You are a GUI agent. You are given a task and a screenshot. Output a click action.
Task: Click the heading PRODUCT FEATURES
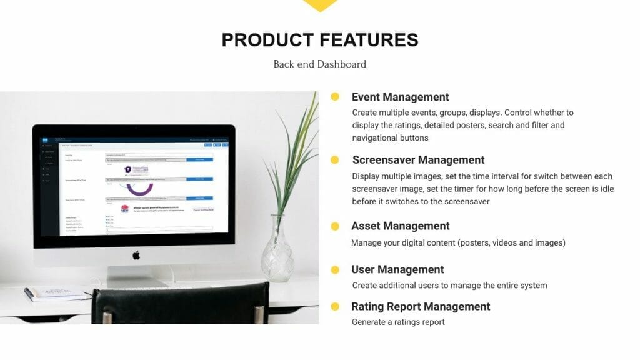point(320,40)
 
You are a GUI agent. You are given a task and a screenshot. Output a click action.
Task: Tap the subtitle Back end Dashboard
point(320,64)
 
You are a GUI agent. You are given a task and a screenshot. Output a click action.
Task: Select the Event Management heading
point(400,97)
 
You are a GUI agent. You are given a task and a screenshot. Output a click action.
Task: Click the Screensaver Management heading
point(418,160)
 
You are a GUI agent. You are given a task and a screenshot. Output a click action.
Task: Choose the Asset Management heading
point(400,226)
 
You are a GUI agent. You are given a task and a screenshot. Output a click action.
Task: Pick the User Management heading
point(397,269)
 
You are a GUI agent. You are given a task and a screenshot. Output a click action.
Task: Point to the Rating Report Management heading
point(421,306)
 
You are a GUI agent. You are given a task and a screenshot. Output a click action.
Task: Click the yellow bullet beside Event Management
point(335,97)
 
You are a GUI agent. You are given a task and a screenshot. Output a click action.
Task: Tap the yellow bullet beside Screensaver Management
point(335,160)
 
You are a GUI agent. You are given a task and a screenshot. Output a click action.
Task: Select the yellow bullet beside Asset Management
point(335,226)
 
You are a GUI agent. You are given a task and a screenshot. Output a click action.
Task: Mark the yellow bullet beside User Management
point(335,269)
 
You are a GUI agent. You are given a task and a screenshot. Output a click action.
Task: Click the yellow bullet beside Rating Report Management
point(335,306)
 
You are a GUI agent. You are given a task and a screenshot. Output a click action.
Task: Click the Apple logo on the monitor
point(136,255)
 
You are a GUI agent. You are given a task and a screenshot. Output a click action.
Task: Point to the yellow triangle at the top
point(320,5)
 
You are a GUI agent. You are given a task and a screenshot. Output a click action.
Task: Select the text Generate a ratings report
point(398,322)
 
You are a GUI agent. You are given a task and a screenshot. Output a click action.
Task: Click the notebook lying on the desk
point(56,292)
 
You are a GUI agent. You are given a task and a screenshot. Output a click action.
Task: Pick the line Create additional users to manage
point(449,286)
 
